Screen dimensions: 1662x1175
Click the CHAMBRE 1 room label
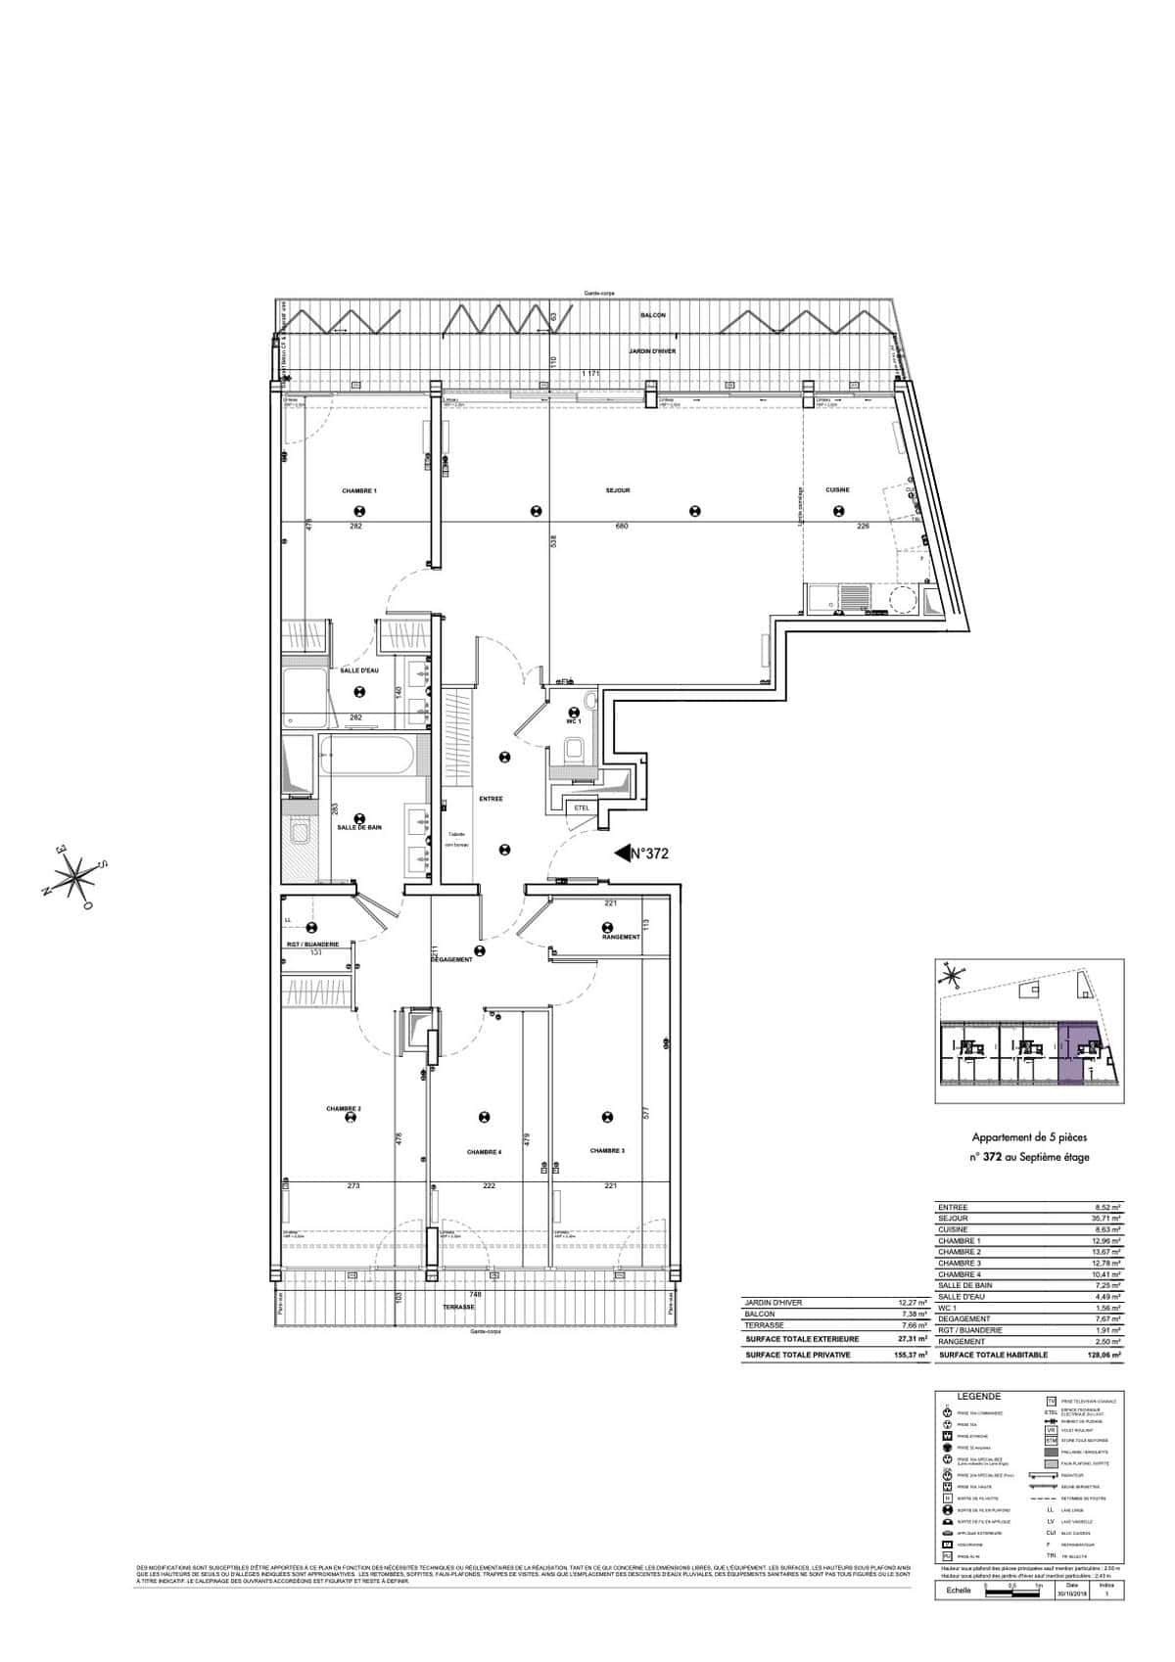pyautogui.click(x=359, y=490)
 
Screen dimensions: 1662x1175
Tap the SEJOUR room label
pyautogui.click(x=617, y=490)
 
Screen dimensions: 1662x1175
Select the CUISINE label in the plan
pyautogui.click(x=837, y=490)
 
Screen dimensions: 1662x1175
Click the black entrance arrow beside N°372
pyautogui.click(x=621, y=854)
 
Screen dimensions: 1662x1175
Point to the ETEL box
pyautogui.click(x=580, y=808)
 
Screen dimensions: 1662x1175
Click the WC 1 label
pyautogui.click(x=575, y=720)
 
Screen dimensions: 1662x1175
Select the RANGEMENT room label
pyautogui.click(x=622, y=937)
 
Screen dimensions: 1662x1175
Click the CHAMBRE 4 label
pyautogui.click(x=485, y=1152)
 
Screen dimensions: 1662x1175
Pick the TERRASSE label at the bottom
pyautogui.click(x=458, y=1308)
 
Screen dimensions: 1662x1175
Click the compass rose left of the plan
pyautogui.click(x=75, y=875)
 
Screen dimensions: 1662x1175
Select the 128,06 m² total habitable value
pyautogui.click(x=1104, y=1355)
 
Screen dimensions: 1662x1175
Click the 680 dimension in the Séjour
pyautogui.click(x=621, y=527)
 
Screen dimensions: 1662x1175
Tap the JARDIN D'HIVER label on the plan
pyautogui.click(x=652, y=351)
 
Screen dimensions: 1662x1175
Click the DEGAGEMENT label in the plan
pyautogui.click(x=452, y=960)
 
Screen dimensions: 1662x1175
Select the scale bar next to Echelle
pyautogui.click(x=1010, y=1593)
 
